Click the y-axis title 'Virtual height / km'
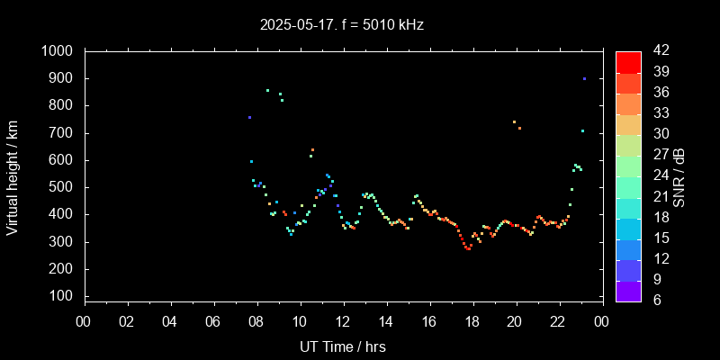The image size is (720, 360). (x=13, y=175)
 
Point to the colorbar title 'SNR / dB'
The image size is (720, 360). (x=679, y=175)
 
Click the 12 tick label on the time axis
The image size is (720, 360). (x=343, y=322)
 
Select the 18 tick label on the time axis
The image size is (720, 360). (x=472, y=322)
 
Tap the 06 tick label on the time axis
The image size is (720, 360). (x=213, y=322)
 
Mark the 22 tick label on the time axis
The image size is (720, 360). (x=559, y=322)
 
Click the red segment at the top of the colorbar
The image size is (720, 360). (x=628, y=62)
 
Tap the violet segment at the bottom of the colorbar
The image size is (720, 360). (x=628, y=290)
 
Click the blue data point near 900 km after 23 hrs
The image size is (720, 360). (x=584, y=78)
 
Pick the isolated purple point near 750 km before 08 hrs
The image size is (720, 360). (x=249, y=117)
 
